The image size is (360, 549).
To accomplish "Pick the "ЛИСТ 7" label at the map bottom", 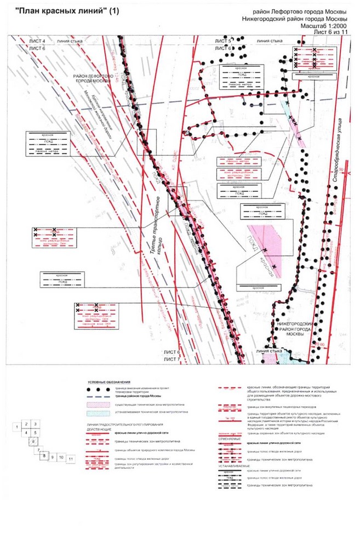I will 171,358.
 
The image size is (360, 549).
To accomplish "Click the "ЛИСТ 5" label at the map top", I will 224,41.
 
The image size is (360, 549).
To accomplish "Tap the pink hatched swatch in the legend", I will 95,404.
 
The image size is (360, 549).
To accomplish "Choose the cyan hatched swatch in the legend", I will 95,414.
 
